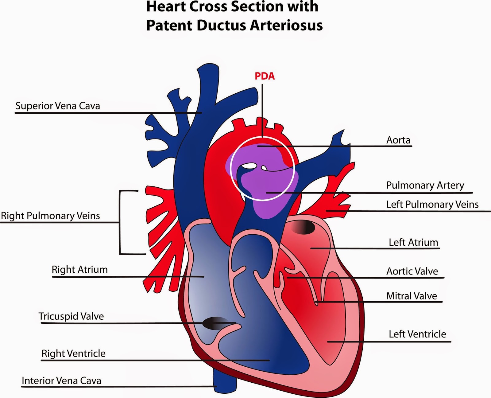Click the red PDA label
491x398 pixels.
tap(265, 76)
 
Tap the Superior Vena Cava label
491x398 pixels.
tap(58, 106)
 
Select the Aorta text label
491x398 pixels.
tap(398, 140)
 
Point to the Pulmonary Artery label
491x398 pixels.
tap(425, 185)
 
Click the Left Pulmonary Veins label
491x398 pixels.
tap(432, 204)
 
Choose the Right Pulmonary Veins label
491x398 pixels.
tap(51, 216)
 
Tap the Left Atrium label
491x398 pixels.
tap(413, 242)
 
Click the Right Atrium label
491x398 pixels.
tap(79, 269)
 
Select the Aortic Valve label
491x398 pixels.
tap(412, 271)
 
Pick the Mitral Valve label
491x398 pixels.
tap(412, 296)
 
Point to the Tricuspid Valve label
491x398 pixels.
tap(71, 316)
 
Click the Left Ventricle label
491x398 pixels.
tap(417, 334)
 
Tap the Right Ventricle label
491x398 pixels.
tap(73, 353)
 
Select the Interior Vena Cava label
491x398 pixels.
tap(61, 380)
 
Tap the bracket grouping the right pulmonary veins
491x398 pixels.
tap(120, 222)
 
